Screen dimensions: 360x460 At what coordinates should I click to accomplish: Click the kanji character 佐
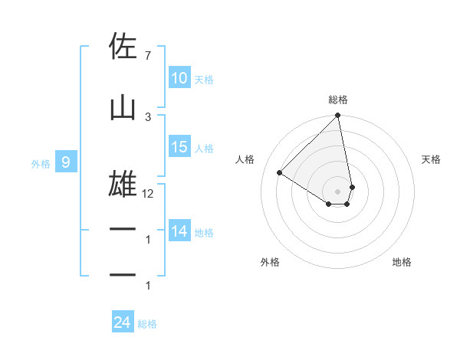click(123, 47)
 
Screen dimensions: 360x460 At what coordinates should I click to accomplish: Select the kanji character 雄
click(123, 184)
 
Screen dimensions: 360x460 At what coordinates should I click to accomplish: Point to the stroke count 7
click(147, 55)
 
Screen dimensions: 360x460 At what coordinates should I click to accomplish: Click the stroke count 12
click(148, 194)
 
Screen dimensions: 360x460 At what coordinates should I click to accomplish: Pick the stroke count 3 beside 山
click(148, 116)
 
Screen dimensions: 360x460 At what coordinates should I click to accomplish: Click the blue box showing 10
click(179, 78)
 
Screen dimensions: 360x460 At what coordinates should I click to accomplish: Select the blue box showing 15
click(179, 147)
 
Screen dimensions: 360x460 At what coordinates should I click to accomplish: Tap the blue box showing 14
click(179, 231)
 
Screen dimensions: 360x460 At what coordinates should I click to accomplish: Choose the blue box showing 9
click(66, 162)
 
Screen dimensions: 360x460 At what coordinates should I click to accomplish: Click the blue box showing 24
click(122, 322)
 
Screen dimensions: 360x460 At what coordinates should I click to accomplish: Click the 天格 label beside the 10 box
click(203, 79)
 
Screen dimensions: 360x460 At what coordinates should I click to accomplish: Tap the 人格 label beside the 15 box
click(203, 148)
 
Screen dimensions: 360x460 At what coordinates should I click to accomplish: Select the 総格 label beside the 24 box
click(147, 323)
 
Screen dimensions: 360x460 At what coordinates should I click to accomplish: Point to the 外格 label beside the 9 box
click(40, 163)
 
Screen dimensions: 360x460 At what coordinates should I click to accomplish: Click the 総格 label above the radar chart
click(338, 100)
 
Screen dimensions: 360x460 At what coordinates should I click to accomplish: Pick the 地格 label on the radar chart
click(402, 262)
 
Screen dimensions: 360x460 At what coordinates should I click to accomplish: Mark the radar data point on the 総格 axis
click(338, 116)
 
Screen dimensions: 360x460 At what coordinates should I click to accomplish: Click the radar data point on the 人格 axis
click(280, 173)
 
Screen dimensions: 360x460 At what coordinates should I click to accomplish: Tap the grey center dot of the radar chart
click(338, 191)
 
